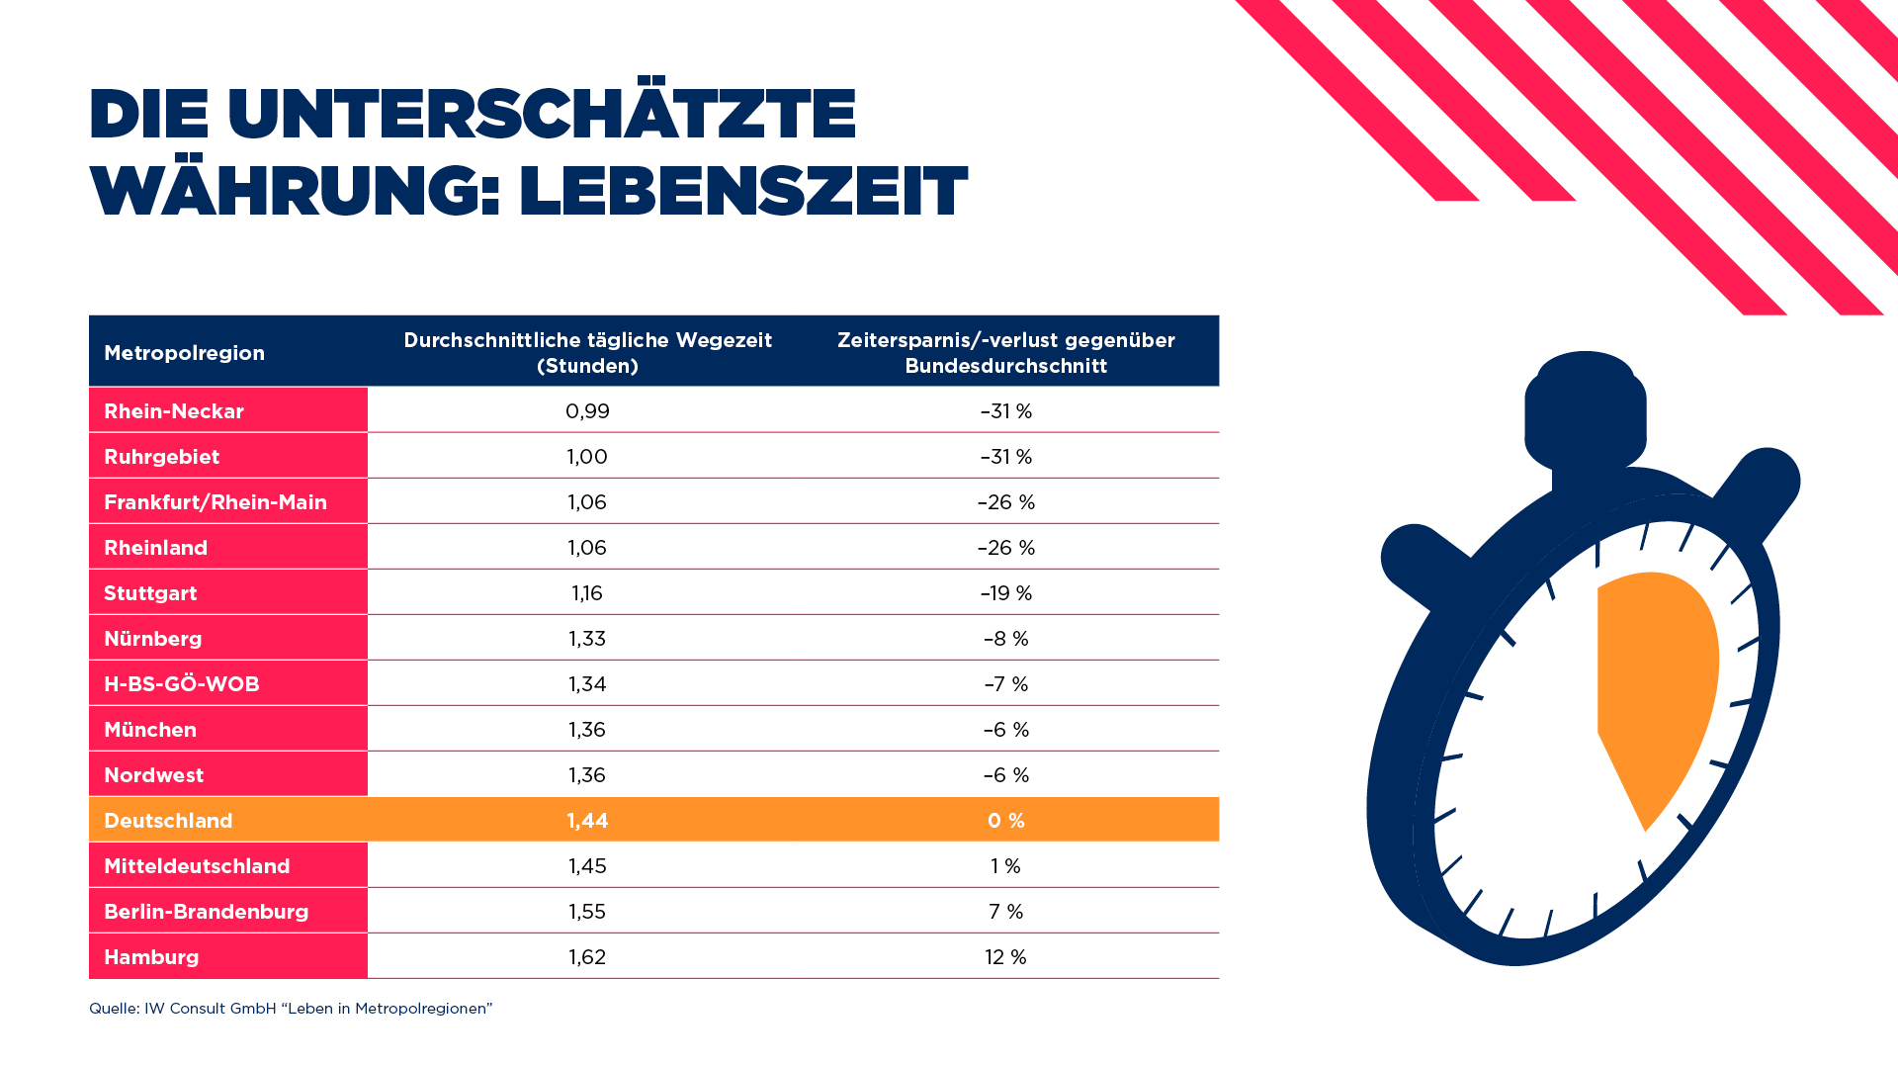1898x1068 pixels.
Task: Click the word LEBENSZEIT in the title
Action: (742, 191)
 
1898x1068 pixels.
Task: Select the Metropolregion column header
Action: (184, 353)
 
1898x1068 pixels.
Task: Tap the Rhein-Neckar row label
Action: (174, 411)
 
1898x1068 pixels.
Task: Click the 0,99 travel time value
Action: (587, 411)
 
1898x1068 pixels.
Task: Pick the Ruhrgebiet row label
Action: (162, 457)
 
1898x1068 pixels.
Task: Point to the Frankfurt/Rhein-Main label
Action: (216, 502)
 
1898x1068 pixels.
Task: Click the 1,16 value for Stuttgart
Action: (587, 593)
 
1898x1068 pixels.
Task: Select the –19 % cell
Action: (1006, 593)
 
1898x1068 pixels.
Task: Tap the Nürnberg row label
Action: (153, 639)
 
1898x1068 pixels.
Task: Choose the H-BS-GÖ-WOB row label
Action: (182, 684)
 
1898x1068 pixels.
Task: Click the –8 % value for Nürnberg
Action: (1006, 639)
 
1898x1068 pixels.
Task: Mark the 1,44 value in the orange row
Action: (587, 821)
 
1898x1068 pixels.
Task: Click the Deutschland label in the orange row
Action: (168, 821)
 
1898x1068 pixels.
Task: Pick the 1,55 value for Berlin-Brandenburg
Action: (587, 912)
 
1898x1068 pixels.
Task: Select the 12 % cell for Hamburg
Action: (1005, 957)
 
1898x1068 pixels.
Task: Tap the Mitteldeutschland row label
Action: (197, 866)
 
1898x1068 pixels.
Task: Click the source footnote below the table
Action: (291, 1009)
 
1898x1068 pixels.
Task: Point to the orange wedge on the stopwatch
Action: (1653, 672)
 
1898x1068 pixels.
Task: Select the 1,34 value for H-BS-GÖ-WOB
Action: (587, 684)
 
